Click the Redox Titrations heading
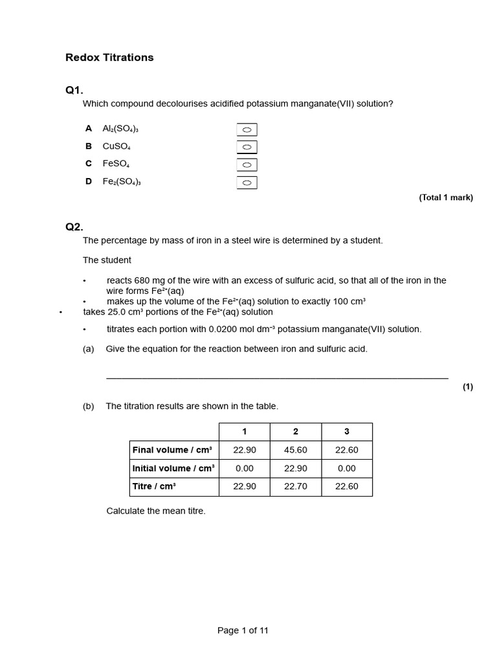tap(109, 58)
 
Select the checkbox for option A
tap(247, 129)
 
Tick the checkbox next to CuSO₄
tap(247, 147)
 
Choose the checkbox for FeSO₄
tap(247, 165)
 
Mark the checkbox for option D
tap(247, 183)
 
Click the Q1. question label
tap(74, 91)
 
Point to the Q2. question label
tap(74, 227)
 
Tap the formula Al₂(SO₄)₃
tap(120, 129)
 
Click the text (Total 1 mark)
tap(446, 198)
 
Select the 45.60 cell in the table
tap(296, 450)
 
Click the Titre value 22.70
tap(296, 486)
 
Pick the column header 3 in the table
tap(347, 432)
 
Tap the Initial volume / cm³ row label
tap(173, 468)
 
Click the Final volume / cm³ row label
tap(173, 450)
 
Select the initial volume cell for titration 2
tap(296, 468)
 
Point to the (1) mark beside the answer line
tap(468, 387)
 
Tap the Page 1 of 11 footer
tap(243, 631)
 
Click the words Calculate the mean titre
tap(156, 511)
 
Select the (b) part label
tap(89, 407)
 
